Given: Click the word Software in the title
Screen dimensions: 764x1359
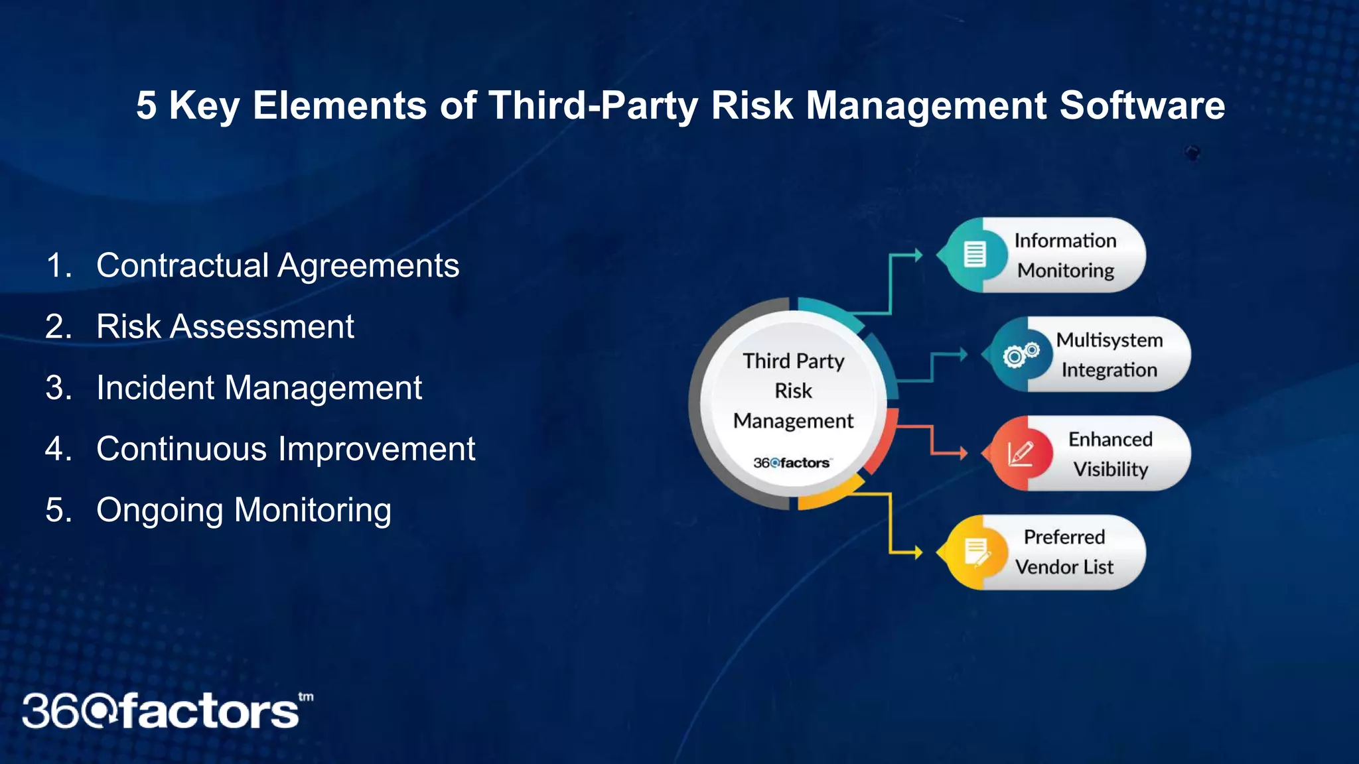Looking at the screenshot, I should (x=1141, y=105).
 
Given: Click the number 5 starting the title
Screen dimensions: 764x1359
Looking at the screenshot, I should (x=147, y=105).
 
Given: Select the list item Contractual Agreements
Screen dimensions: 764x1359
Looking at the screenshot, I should (x=277, y=265).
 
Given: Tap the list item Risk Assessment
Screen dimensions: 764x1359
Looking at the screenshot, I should (x=225, y=326).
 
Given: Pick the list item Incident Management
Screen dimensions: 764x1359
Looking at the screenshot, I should (x=259, y=387).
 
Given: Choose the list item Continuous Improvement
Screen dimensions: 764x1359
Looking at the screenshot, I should (x=285, y=449).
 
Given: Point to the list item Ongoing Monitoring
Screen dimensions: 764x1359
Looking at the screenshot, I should (x=244, y=510).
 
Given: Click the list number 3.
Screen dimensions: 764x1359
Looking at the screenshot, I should (x=58, y=387).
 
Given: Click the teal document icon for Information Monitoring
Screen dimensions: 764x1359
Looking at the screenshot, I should (x=974, y=254).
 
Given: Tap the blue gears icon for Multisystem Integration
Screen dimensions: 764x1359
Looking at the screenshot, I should (x=1021, y=355).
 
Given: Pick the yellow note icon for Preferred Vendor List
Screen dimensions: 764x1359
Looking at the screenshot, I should (x=975, y=552).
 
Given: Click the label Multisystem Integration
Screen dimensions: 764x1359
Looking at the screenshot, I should (x=1109, y=355).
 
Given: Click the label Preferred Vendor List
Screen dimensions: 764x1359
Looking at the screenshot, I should (x=1064, y=552).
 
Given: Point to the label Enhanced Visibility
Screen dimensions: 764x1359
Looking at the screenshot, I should (x=1109, y=454).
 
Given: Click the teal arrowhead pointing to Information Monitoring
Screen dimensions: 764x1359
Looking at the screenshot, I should (x=918, y=255).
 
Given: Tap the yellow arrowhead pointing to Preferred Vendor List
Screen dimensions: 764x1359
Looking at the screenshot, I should (x=918, y=552).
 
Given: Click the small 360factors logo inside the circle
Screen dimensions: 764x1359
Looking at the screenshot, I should (x=791, y=463).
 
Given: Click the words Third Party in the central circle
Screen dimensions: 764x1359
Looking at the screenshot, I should (x=793, y=361).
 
